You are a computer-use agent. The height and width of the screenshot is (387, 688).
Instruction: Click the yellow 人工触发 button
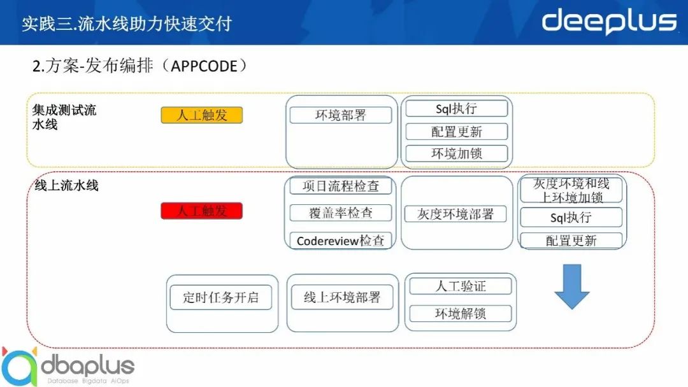[201, 115]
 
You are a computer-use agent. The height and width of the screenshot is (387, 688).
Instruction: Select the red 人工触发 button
[201, 211]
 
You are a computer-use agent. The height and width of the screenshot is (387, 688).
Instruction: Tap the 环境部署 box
[340, 115]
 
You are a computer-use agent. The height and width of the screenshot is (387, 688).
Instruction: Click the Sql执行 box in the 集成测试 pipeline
[456, 108]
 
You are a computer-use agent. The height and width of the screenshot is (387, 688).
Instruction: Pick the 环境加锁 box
[456, 153]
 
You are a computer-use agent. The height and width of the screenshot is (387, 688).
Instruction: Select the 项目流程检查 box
[340, 186]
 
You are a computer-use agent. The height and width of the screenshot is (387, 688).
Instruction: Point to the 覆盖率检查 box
[340, 213]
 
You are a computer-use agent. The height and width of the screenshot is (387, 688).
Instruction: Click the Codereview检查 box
[340, 240]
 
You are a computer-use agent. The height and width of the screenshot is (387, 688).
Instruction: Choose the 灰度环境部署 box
[455, 214]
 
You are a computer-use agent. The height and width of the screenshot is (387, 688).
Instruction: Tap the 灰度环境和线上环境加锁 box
[571, 190]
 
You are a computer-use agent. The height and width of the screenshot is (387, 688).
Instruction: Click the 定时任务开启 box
[220, 297]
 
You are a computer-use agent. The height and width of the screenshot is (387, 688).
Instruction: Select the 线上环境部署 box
[342, 297]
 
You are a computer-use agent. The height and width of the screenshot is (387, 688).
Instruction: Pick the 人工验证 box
[461, 286]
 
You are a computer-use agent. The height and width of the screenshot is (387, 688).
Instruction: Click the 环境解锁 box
[461, 313]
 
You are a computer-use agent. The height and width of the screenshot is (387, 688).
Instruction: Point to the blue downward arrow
[571, 286]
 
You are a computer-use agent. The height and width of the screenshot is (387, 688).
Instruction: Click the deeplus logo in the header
[609, 22]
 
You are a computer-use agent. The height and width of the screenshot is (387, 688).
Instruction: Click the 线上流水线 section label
[66, 185]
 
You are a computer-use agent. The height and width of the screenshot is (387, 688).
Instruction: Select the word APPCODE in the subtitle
[204, 66]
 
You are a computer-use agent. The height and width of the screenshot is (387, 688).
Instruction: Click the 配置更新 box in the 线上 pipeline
[571, 240]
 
